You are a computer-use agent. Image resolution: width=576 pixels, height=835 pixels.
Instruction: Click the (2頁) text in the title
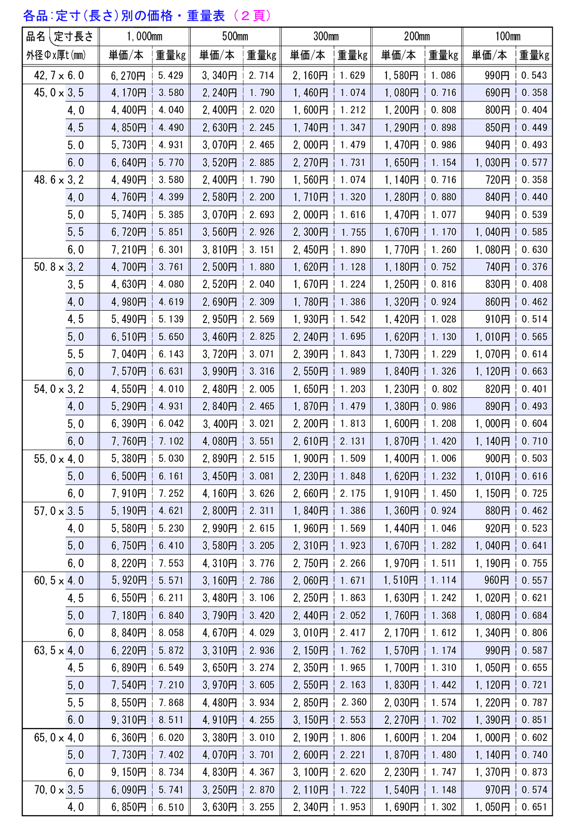pos(253,16)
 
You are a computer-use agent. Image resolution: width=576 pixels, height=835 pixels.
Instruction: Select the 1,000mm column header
pos(144,36)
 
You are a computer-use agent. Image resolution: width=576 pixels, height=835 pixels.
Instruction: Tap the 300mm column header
pos(326,36)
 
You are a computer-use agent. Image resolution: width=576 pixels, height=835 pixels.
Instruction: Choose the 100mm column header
pos(508,36)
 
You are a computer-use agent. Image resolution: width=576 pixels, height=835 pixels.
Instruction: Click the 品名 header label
pos(35,36)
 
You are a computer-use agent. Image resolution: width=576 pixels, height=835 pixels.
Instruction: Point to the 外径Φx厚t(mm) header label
pos(56,55)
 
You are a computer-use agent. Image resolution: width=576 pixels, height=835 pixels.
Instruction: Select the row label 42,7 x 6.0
pos(59,75)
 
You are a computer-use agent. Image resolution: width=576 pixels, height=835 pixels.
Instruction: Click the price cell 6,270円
pos(129,75)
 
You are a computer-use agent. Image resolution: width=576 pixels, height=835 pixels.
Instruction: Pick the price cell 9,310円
pos(129,720)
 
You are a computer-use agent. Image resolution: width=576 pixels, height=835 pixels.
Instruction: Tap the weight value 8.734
pos(171,772)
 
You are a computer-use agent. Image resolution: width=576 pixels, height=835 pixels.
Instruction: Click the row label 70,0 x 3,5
pos(59,790)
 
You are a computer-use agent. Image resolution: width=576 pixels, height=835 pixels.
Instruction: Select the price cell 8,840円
pos(129,633)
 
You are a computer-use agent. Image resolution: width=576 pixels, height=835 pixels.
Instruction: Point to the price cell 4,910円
pos(219,720)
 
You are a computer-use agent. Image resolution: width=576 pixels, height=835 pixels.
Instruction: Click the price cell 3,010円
pos(310,633)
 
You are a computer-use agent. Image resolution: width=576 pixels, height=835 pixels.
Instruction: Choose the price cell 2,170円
pos(402,633)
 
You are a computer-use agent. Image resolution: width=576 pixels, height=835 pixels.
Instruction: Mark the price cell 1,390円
pos(492,720)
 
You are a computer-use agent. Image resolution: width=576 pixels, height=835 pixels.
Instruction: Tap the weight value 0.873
pos(535,772)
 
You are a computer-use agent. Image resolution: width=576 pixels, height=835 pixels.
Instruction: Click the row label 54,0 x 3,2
pos(59,389)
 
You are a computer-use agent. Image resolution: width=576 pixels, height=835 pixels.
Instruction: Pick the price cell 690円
pos(497,93)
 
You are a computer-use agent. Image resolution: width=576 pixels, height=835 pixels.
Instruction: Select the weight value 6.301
pos(171,250)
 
